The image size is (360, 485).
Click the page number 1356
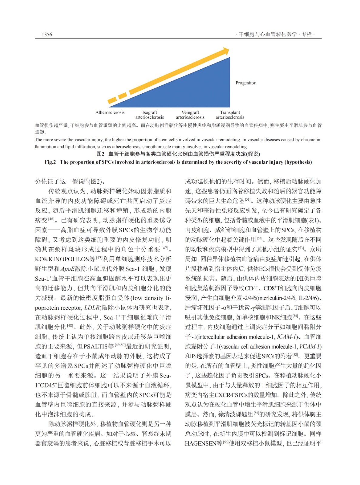pyautogui.click(x=47, y=35)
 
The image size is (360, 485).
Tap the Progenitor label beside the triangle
pyautogui.click(x=245, y=83)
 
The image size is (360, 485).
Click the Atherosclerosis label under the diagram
pyautogui.click(x=110, y=112)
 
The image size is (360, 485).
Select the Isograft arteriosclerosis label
pyautogui.click(x=150, y=115)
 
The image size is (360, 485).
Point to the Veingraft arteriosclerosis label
pyautogui.click(x=190, y=115)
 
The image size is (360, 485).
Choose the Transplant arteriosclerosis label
pyautogui.click(x=230, y=115)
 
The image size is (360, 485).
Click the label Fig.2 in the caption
pyautogui.click(x=50, y=162)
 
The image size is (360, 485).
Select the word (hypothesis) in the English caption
pyautogui.click(x=298, y=162)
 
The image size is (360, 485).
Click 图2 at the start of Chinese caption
pyautogui.click(x=100, y=154)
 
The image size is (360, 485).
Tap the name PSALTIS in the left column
pyautogui.click(x=96, y=346)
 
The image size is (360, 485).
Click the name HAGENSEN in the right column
pyautogui.click(x=200, y=443)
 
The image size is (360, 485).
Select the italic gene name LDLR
pyautogui.click(x=92, y=308)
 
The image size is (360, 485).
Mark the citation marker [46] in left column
pyautogui.click(x=51, y=219)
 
